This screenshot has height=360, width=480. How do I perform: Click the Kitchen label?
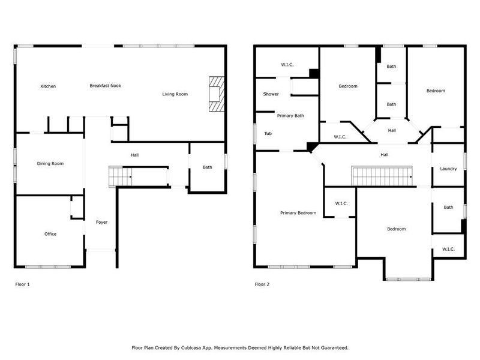coord(48,86)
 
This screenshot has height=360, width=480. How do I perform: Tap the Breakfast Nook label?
coord(106,86)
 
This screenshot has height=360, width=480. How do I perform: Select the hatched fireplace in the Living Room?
coord(215,94)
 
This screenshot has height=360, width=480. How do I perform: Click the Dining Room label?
coord(50,163)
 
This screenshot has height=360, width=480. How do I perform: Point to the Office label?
coord(50,234)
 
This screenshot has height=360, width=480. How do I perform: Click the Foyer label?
coord(102,223)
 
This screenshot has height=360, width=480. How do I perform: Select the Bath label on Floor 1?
coord(207,167)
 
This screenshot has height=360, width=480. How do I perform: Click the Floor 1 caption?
coord(22,284)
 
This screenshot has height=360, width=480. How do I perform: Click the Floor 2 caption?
coord(262,284)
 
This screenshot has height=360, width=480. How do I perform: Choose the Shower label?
coord(271,94)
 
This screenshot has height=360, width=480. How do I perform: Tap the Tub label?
coord(268,134)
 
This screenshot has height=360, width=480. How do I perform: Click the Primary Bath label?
coord(290,116)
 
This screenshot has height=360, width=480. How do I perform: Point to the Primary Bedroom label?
coord(298,213)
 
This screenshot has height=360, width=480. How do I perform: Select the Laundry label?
coord(448,169)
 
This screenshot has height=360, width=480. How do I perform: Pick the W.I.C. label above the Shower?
coord(287,65)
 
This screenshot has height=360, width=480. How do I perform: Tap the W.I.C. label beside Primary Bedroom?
coord(341,203)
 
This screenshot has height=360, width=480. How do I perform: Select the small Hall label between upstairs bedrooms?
coord(392,130)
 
